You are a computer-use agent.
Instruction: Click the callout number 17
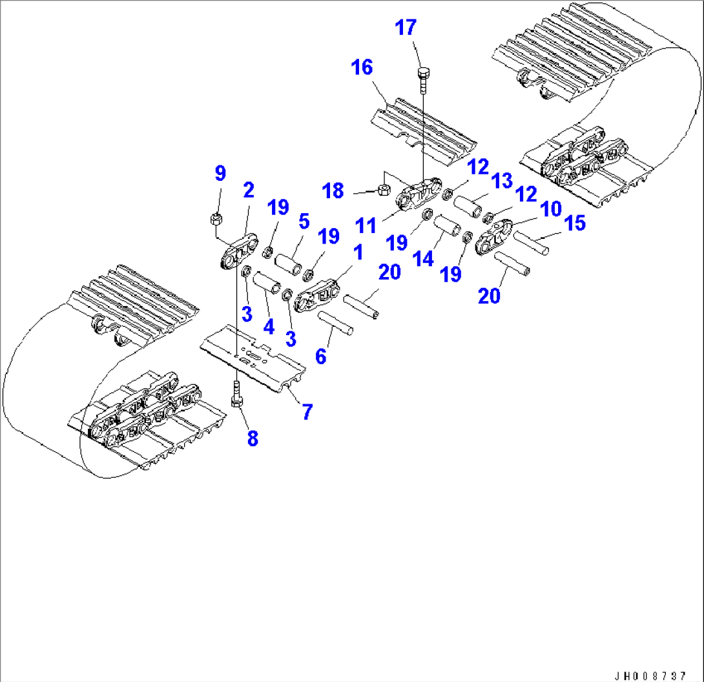click(x=406, y=28)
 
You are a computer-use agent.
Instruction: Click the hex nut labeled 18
click(x=382, y=189)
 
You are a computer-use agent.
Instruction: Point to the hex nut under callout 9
click(x=216, y=219)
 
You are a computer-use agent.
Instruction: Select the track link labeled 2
click(x=236, y=256)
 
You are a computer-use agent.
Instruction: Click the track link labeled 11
click(x=417, y=194)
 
